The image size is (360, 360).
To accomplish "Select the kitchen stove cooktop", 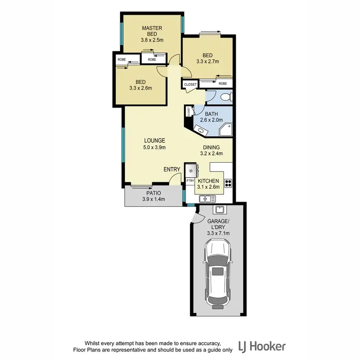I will (x=228, y=182).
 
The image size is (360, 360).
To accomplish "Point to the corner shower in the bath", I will (x=225, y=129).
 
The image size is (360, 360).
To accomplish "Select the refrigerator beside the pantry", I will (x=192, y=169).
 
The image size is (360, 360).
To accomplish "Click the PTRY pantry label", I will (x=190, y=181).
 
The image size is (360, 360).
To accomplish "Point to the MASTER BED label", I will (x=152, y=32).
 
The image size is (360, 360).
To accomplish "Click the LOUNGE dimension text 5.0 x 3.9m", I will (x=154, y=147).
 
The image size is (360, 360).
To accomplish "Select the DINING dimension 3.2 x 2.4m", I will (x=211, y=154).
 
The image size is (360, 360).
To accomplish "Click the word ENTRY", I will (x=171, y=169).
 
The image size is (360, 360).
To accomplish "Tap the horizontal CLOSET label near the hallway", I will (x=191, y=84).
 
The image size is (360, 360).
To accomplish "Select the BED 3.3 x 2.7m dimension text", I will (x=208, y=61).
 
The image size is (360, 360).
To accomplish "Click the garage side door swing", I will (x=195, y=218).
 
